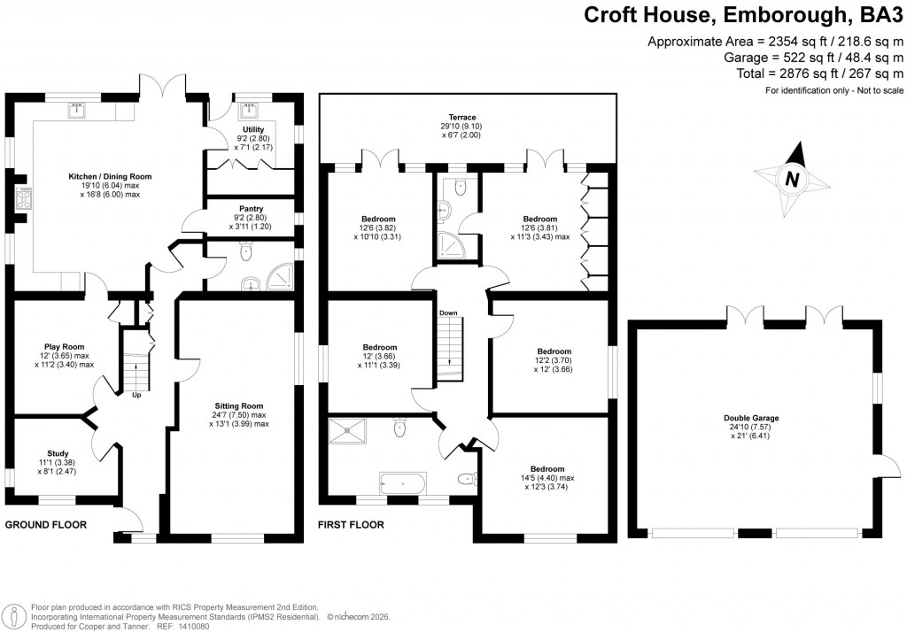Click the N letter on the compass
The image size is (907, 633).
[x=792, y=180]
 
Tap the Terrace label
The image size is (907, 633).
[x=461, y=117]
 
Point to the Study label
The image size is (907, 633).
[x=58, y=452]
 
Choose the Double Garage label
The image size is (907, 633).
[x=751, y=417]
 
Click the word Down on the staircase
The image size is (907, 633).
[x=448, y=313]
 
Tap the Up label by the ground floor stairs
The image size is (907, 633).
[x=136, y=395]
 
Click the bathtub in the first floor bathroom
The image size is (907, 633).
[x=403, y=482]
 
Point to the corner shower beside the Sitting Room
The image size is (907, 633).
[x=279, y=280]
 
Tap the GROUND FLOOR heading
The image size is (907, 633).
[x=46, y=525]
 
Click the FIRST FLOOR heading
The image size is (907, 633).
[x=351, y=525]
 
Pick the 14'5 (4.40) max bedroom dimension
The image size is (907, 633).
[x=547, y=478]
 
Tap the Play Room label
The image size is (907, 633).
[x=64, y=347]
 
